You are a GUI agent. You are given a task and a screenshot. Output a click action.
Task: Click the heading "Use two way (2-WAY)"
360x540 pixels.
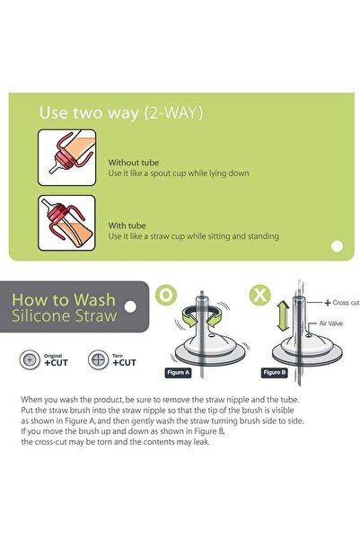tap(121, 113)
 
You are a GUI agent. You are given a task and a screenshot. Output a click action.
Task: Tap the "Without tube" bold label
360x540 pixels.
tap(134, 163)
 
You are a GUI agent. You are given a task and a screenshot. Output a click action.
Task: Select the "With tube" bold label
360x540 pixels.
tap(127, 226)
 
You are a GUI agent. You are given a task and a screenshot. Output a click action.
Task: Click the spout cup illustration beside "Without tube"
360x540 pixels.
tap(66, 157)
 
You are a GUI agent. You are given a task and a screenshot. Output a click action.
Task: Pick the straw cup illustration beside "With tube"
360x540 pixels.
tap(66, 223)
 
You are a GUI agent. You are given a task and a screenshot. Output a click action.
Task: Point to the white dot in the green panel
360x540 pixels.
tap(337, 246)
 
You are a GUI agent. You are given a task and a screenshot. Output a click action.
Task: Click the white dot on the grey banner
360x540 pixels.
tap(130, 306)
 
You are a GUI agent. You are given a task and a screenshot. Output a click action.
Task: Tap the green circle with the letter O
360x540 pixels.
tap(166, 295)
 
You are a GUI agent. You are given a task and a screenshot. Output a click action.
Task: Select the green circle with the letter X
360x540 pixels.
tap(259, 295)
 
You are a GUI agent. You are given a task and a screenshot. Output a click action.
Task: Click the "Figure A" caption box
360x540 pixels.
tap(178, 373)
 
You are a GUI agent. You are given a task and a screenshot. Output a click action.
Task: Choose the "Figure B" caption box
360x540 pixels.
tap(275, 373)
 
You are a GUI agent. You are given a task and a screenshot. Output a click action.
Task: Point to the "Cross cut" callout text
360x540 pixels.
tap(346, 303)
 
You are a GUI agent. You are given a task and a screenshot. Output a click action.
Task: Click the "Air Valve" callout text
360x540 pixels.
tap(330, 323)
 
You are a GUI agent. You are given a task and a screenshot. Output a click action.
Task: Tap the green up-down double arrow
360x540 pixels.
tap(284, 315)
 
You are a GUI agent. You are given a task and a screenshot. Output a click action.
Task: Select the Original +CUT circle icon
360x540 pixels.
tap(30, 360)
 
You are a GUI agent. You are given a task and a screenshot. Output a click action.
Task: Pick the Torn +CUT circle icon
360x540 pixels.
tap(99, 360)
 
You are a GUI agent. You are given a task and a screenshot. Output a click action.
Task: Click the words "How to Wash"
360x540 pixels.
tap(64, 300)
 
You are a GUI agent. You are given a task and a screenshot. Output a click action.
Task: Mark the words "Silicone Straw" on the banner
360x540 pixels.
tap(65, 315)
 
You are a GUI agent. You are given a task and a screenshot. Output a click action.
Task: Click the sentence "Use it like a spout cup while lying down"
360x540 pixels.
tap(179, 173)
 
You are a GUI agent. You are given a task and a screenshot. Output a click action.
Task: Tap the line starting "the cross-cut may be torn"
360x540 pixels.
tap(115, 442)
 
